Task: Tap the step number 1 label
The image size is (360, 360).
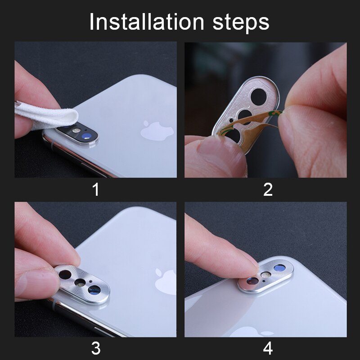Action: pos(95,189)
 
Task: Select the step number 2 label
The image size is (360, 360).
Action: pos(268,189)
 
